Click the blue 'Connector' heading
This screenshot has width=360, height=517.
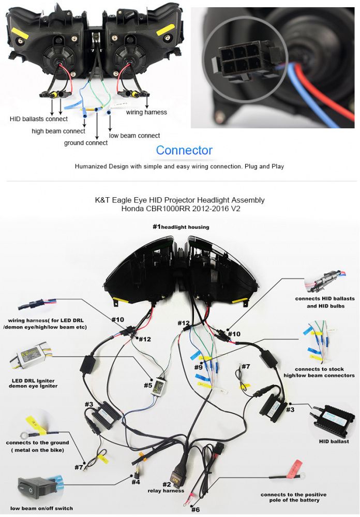(184, 151)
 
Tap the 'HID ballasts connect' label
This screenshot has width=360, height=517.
(38, 120)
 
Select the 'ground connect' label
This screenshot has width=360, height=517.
(86, 143)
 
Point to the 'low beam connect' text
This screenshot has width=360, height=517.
(134, 136)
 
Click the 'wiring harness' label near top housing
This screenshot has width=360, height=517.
(146, 112)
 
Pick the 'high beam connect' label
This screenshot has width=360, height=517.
(58, 131)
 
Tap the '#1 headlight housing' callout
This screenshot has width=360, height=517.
(181, 227)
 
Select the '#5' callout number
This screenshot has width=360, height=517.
(148, 385)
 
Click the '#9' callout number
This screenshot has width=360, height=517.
(199, 368)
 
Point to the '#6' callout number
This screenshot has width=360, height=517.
(195, 510)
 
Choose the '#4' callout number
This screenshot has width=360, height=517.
(136, 482)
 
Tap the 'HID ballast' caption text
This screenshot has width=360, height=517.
(334, 441)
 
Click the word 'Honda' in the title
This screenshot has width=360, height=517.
(133, 209)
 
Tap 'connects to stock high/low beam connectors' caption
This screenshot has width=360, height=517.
(325, 372)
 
